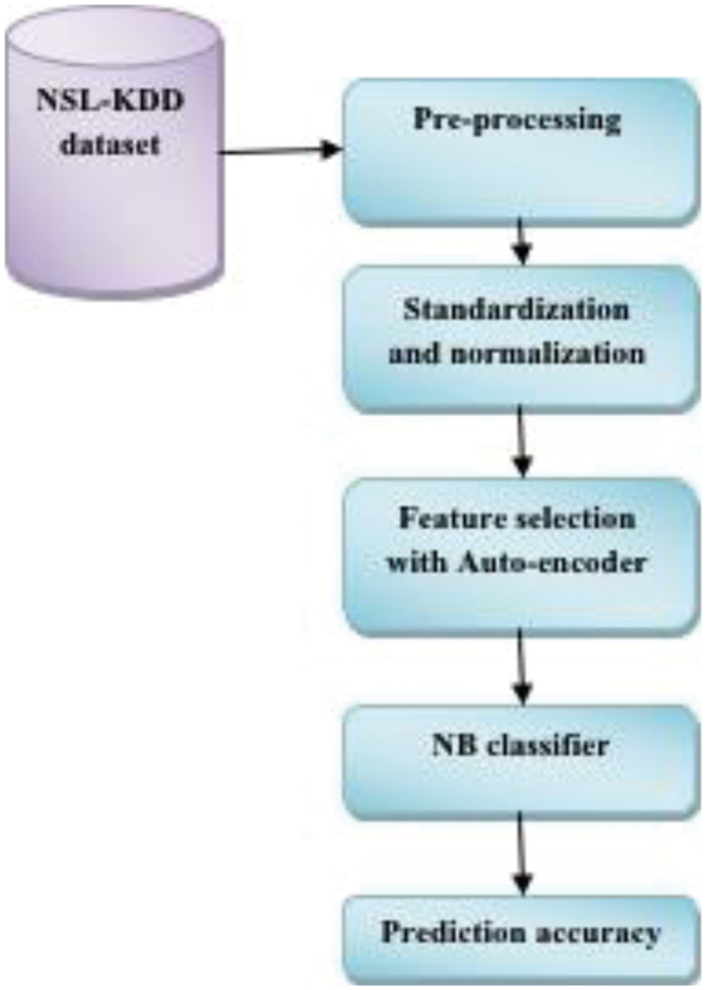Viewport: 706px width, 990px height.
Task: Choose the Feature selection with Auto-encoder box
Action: click(x=522, y=556)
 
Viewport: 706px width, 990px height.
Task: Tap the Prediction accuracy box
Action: click(x=522, y=937)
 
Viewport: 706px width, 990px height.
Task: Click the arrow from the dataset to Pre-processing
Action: click(x=279, y=151)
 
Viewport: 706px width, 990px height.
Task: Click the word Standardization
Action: click(x=516, y=311)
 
